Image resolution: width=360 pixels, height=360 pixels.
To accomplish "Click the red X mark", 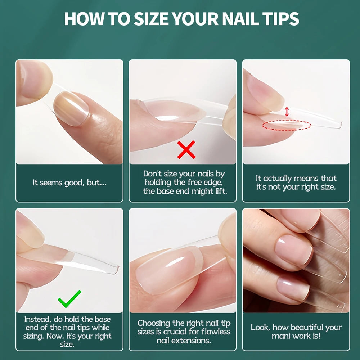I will click(186, 150).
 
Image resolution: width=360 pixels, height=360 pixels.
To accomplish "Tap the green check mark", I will click(69, 299).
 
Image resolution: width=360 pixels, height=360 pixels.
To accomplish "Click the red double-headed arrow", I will click(287, 111).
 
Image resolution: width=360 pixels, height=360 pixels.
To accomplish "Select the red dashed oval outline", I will click(286, 125).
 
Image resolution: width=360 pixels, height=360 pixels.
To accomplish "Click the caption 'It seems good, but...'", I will click(69, 183).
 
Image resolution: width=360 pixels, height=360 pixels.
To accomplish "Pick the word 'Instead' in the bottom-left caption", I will click(37, 319).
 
